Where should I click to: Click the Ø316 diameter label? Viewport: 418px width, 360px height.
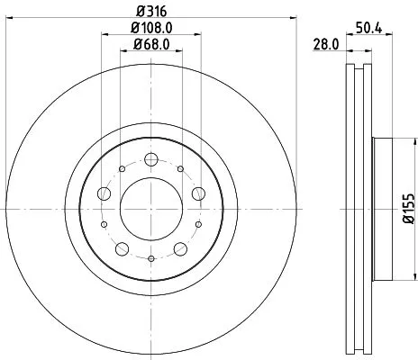[x=150, y=12]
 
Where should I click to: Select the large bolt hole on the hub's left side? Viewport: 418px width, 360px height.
[x=104, y=194]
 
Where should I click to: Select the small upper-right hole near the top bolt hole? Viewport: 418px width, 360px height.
[x=181, y=168]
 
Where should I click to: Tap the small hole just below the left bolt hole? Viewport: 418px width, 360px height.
[x=104, y=224]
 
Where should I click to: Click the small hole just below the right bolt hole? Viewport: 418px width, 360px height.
[x=196, y=224]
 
